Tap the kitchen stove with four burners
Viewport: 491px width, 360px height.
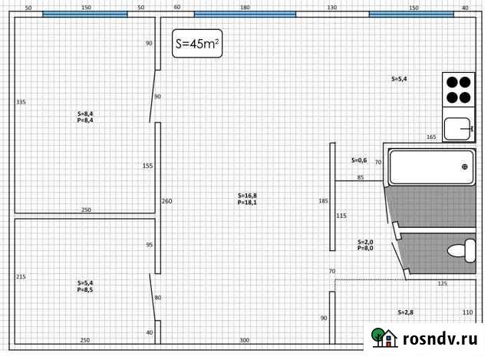pos(458,89)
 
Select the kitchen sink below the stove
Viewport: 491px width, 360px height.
pos(458,128)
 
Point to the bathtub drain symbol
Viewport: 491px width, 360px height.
pos(464,167)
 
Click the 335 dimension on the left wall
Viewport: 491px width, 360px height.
pos(21,101)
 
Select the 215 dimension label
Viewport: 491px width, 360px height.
pos(21,276)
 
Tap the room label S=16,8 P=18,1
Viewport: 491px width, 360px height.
pos(247,199)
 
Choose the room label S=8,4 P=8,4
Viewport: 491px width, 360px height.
pos(85,117)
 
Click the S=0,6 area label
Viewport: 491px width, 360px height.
pos(359,160)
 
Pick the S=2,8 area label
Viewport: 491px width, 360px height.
pos(406,312)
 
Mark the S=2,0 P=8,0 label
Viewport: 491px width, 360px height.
pos(365,245)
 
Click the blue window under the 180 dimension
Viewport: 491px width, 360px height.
pos(245,14)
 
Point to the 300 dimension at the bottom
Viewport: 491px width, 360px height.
pos(244,339)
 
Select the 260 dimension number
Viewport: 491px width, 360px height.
pos(167,201)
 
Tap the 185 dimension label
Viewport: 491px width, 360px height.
pos(323,201)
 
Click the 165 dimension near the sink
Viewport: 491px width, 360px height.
pos(431,137)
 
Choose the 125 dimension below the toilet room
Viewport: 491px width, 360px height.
pos(442,284)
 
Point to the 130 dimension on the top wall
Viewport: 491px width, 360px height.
pos(331,7)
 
